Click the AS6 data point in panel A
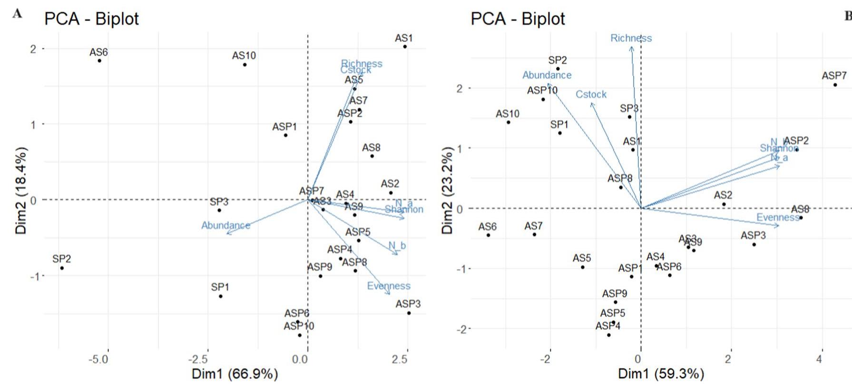pos(99,61)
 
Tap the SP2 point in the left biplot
pos(62,268)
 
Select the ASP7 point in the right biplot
pos(835,85)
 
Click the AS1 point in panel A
pos(405,47)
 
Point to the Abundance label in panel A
pos(225,225)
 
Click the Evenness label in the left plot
pos(389,286)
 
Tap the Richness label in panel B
pos(631,38)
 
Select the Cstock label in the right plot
pos(591,94)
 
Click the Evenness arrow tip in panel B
pos(779,225)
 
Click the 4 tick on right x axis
pos(819,359)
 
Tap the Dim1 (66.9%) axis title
pos(235,374)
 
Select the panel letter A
pos(17,13)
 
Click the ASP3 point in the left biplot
pos(409,313)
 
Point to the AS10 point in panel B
pos(508,122)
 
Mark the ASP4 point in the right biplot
pos(608,335)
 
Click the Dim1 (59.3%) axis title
pos(661,374)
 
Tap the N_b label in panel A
pos(397,246)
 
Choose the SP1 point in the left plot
pos(220,296)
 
